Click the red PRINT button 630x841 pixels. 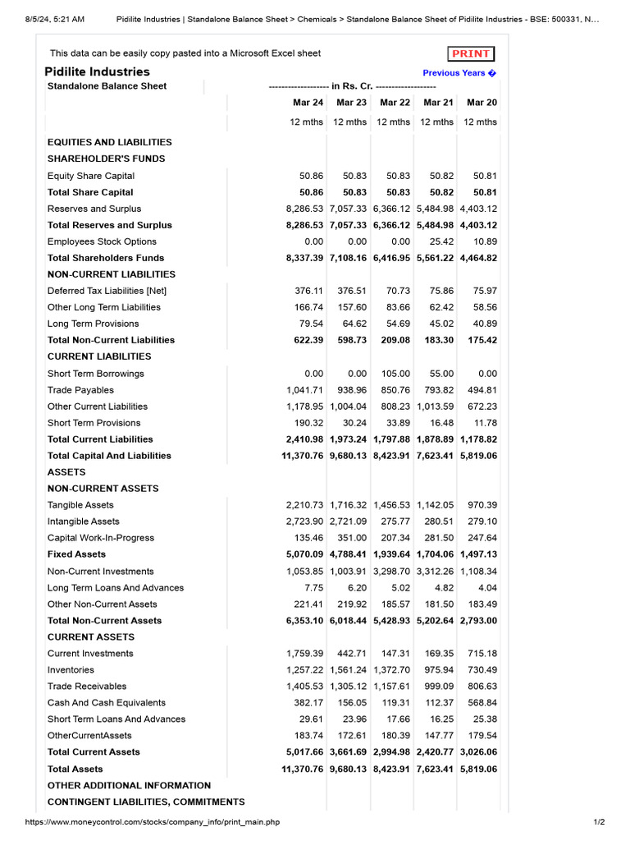pos(471,54)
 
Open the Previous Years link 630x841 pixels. pos(459,73)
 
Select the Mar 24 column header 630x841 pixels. pos(308,103)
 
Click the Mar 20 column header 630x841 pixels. pos(482,103)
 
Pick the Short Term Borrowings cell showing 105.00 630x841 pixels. pos(394,374)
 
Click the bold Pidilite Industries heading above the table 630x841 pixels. pos(98,71)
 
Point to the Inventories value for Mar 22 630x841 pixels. pos(391,670)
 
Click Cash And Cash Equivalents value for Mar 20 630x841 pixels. pos(482,703)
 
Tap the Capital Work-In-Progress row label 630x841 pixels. pos(101,538)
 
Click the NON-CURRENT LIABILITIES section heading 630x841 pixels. pos(112,274)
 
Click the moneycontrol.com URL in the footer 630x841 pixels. pos(153,822)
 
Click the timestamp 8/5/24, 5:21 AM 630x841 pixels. pos(55,19)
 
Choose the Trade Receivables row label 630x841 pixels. pos(87,687)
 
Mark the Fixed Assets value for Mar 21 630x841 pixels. pos(435,554)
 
